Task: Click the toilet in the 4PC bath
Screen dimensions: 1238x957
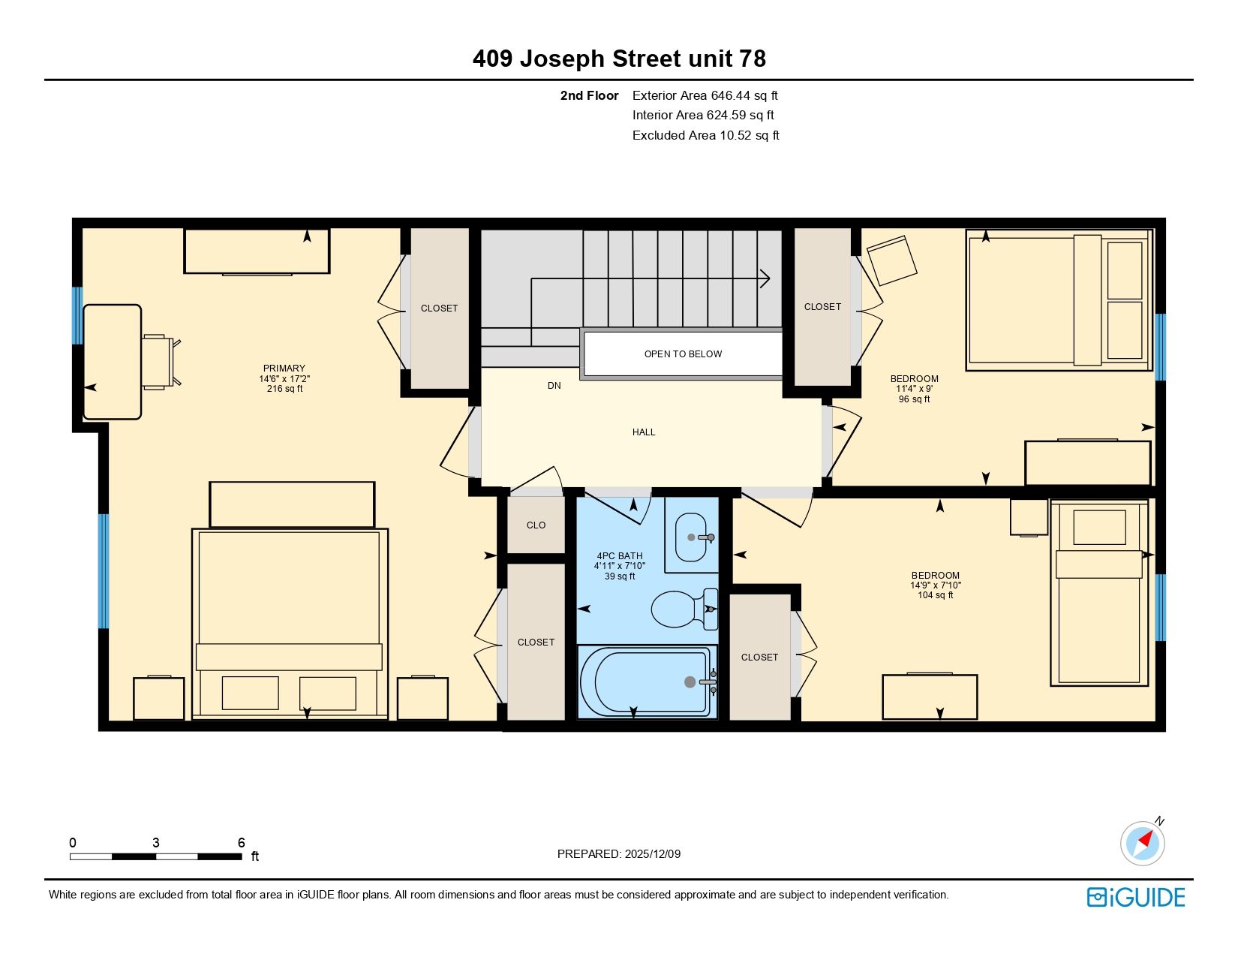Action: click(x=684, y=609)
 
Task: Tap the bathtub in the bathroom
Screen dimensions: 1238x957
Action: click(x=647, y=682)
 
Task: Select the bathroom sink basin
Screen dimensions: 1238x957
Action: click(x=691, y=537)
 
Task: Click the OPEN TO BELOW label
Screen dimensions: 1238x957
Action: click(x=683, y=354)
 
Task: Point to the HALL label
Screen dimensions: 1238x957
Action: click(x=643, y=432)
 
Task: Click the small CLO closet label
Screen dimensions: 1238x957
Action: click(x=536, y=525)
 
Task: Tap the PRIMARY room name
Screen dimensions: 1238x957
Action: click(x=284, y=369)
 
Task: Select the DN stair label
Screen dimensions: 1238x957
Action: click(x=554, y=386)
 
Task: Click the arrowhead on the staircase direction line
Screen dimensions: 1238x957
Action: click(x=765, y=278)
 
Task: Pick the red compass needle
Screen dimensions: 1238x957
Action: click(x=1145, y=839)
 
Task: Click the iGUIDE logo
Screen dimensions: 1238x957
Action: click(x=1135, y=898)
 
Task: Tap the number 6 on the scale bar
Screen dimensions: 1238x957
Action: click(x=241, y=842)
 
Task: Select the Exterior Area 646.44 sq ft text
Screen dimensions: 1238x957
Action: click(x=705, y=96)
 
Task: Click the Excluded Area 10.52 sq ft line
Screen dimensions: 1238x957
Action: click(x=705, y=136)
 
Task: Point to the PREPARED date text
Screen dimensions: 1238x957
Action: click(x=619, y=854)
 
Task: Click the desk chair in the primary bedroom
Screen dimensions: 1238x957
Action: click(x=161, y=362)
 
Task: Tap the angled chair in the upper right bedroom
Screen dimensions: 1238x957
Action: click(x=891, y=260)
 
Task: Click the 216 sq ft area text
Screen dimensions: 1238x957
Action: click(x=284, y=389)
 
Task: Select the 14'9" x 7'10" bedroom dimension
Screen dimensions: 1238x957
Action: click(x=935, y=585)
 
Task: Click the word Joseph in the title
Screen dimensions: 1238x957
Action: click(x=562, y=59)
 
